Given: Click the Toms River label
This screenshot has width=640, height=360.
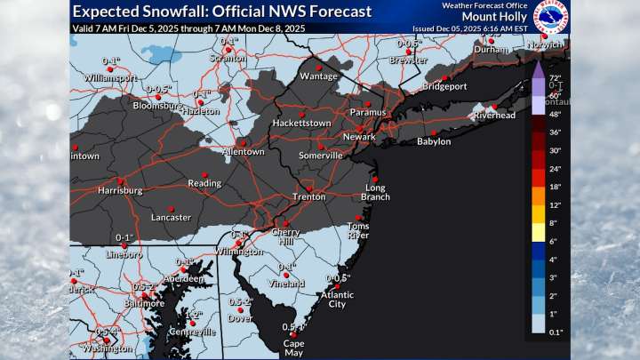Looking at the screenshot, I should coord(358,231).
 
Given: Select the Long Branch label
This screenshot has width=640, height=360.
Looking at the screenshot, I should coord(378,192).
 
